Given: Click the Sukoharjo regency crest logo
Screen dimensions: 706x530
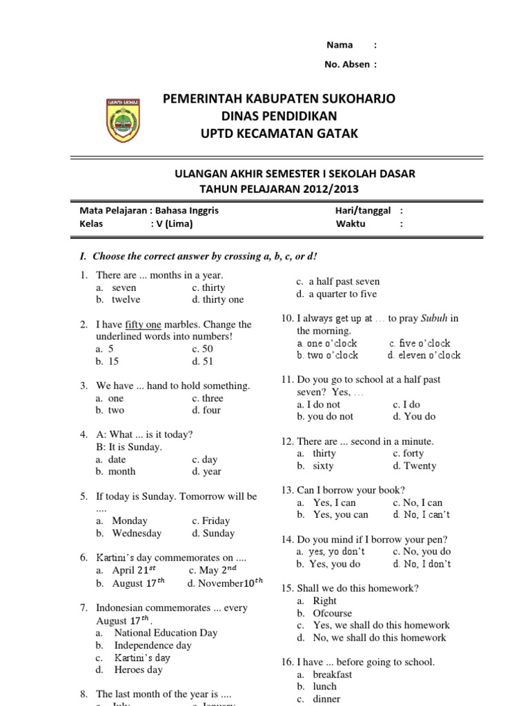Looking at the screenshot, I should pyautogui.click(x=124, y=119).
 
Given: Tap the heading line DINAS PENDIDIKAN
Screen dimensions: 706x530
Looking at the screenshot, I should pyautogui.click(x=279, y=116).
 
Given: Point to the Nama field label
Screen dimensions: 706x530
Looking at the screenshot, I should pyautogui.click(x=340, y=45).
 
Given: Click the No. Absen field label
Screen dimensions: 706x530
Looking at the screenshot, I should pyautogui.click(x=346, y=64).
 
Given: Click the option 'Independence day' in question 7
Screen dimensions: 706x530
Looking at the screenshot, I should pyautogui.click(x=153, y=645).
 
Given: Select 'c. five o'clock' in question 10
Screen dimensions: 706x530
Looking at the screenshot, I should pyautogui.click(x=420, y=343).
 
